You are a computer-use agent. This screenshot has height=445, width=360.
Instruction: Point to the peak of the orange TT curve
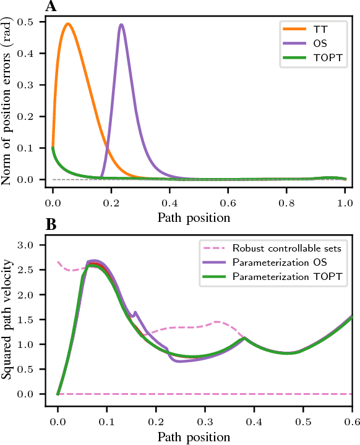point(67,24)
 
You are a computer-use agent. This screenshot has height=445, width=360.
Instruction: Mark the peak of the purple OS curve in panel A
point(121,25)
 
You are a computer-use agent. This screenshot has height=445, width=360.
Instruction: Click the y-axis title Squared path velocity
point(9,318)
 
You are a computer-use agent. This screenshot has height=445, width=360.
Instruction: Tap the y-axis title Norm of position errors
point(9,102)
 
